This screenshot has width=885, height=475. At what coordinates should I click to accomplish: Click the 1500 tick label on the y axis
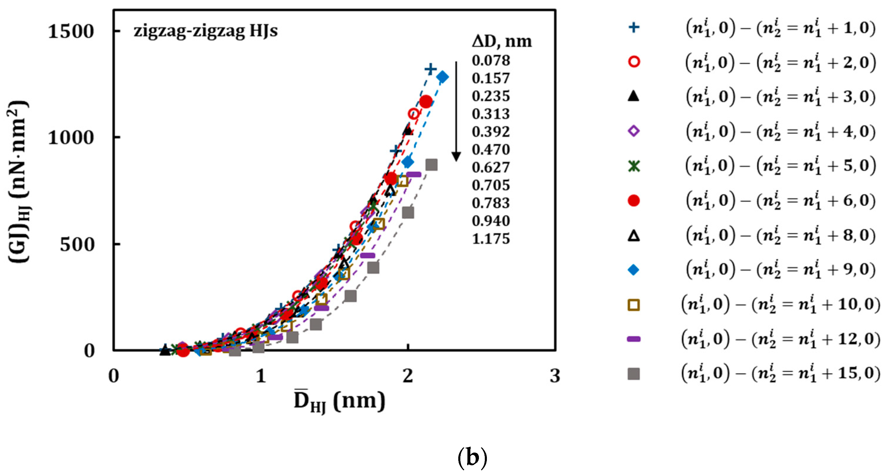(71, 32)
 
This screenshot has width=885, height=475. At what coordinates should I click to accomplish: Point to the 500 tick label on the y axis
(77, 245)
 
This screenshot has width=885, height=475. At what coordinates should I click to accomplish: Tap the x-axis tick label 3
(555, 376)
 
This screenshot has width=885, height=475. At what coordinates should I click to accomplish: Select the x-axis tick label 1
(261, 376)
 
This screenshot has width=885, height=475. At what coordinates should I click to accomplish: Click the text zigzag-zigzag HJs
(206, 31)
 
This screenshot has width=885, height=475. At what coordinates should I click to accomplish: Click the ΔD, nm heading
(502, 41)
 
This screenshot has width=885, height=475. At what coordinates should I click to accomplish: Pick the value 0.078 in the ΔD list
(491, 60)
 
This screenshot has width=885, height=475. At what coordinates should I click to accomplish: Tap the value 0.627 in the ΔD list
(491, 167)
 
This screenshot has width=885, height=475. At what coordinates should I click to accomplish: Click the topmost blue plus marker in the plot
(431, 69)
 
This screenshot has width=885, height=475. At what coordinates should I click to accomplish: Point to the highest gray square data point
(431, 165)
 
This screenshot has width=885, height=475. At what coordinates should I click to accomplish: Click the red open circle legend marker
(634, 62)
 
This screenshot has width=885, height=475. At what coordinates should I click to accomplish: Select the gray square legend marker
(634, 374)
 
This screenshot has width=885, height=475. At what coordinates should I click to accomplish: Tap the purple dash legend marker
(634, 339)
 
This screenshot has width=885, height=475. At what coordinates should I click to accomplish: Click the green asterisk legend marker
(634, 166)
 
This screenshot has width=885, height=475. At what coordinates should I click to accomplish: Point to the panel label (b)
(472, 458)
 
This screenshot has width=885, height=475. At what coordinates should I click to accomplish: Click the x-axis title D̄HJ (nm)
(339, 401)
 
